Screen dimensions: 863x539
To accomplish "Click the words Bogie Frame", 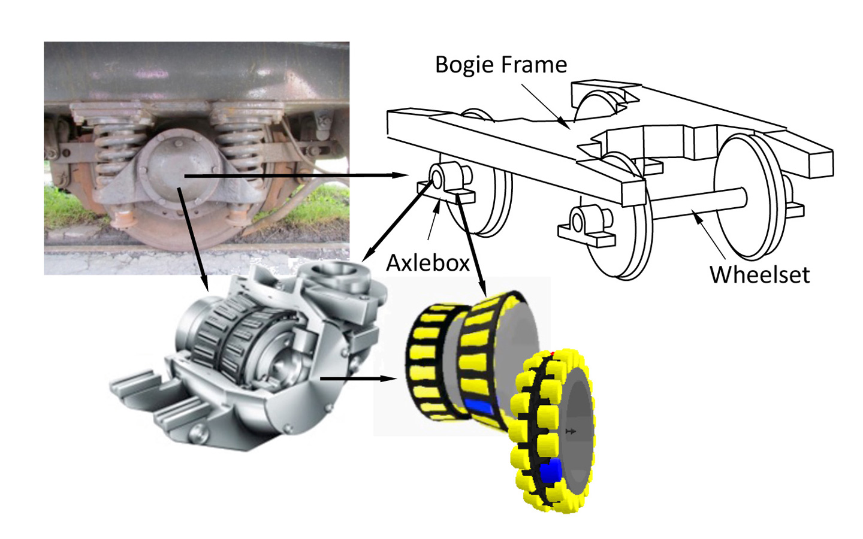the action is pyautogui.click(x=501, y=65).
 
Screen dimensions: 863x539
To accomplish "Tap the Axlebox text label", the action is pyautogui.click(x=428, y=263).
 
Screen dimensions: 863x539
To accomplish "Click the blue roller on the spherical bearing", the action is pyautogui.click(x=551, y=470).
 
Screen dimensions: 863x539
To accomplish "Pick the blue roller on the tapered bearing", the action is pyautogui.click(x=479, y=407).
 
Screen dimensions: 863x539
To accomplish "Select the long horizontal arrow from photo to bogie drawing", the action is pyautogui.click(x=296, y=175).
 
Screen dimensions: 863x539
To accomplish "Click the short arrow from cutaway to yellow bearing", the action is pyautogui.click(x=358, y=379).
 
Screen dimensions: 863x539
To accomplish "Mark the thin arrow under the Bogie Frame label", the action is pyautogui.click(x=546, y=107).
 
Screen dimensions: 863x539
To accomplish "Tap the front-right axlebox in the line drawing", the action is pyautogui.click(x=586, y=226).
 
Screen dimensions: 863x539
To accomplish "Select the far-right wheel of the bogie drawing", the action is pyautogui.click(x=749, y=197).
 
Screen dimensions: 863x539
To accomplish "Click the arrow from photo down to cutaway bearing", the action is pyautogui.click(x=192, y=240).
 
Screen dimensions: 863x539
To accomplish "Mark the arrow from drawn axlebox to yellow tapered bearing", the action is pyautogui.click(x=471, y=246).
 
